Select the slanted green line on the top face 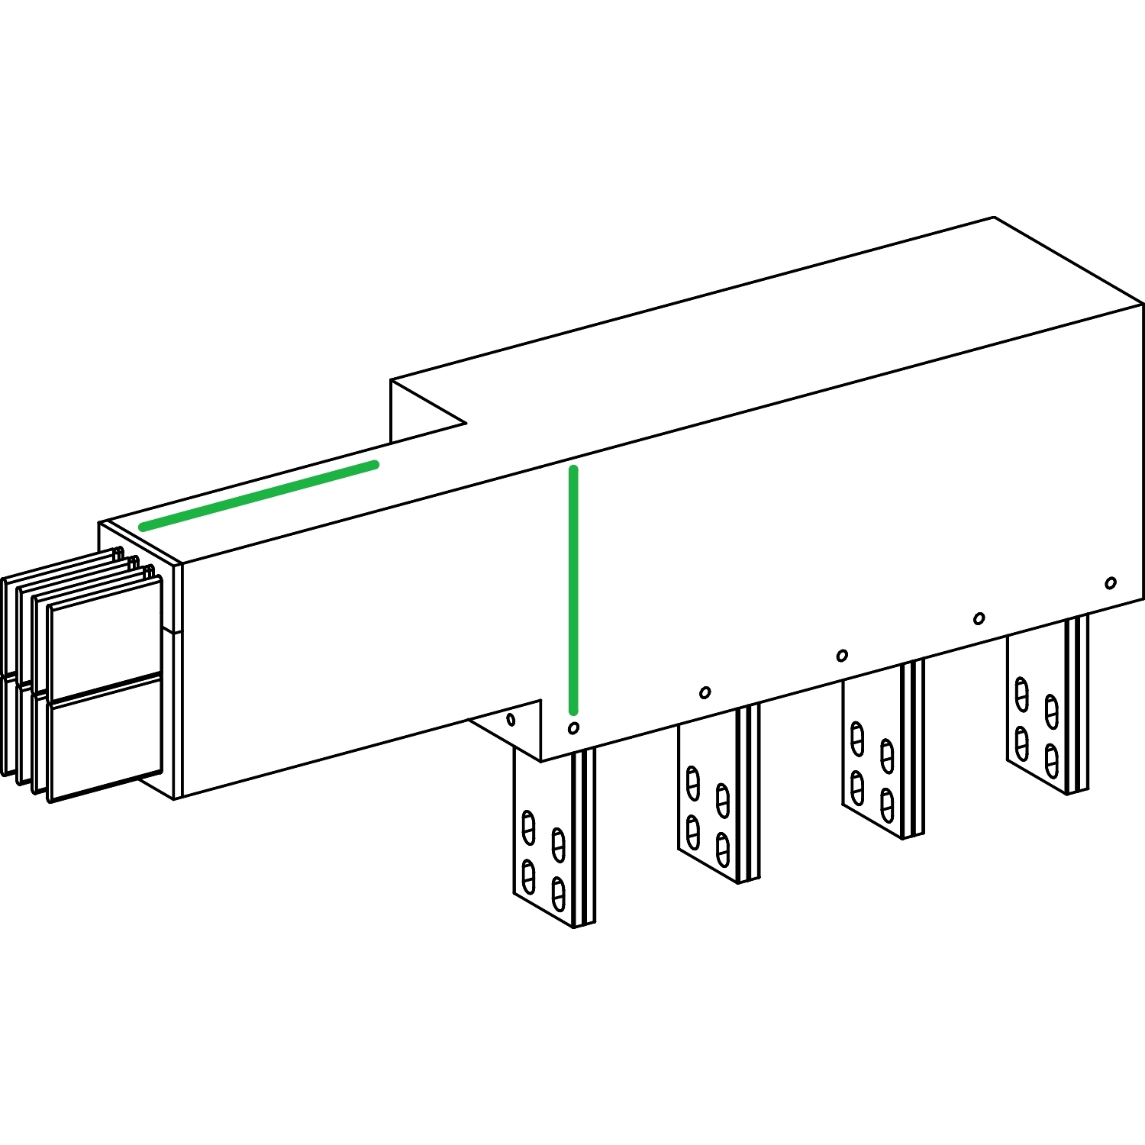click(259, 495)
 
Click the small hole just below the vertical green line click(573, 728)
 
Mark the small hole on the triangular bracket click(511, 719)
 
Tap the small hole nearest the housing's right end click(1111, 583)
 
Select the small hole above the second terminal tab click(705, 692)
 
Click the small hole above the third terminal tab click(842, 656)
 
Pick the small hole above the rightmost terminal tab click(979, 618)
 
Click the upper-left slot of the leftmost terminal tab click(527, 827)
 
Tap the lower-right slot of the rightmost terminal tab click(1052, 760)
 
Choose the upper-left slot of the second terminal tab click(692, 782)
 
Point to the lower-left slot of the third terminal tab click(857, 788)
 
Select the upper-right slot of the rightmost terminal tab click(1052, 711)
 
